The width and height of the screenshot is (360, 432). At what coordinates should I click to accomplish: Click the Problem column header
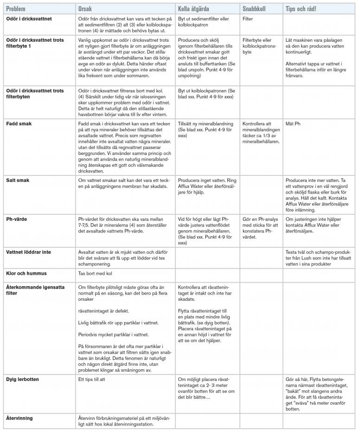(16, 9)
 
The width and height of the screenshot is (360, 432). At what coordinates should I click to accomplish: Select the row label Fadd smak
(19, 124)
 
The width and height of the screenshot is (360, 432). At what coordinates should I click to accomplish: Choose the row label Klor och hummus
(26, 273)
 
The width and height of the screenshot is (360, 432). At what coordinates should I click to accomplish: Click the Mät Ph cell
(293, 124)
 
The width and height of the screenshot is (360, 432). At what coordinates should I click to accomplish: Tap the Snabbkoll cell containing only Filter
(248, 19)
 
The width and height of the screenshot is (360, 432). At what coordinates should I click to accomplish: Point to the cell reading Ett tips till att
(95, 379)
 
